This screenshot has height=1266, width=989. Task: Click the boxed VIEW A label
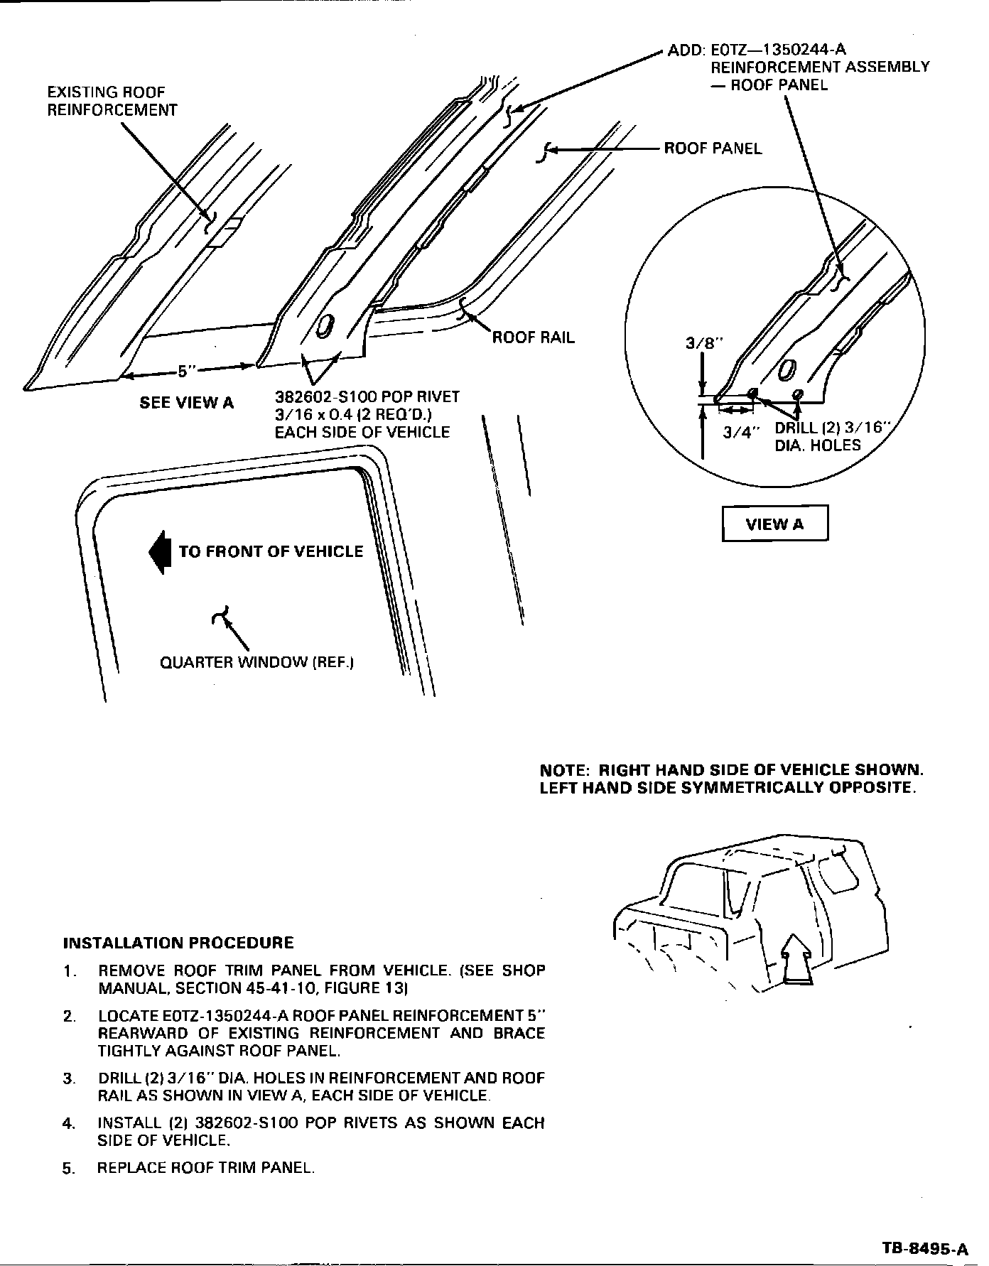pyautogui.click(x=774, y=524)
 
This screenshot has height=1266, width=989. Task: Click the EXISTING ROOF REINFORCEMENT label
pyautogui.click(x=112, y=101)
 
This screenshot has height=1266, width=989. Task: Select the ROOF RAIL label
pyautogui.click(x=534, y=337)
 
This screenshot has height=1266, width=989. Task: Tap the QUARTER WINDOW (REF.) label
pyautogui.click(x=256, y=662)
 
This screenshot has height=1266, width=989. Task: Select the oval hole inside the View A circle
pyautogui.click(x=787, y=370)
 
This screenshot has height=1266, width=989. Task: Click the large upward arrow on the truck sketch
pyautogui.click(x=798, y=958)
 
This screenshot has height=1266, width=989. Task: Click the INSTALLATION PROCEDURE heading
pyautogui.click(x=178, y=943)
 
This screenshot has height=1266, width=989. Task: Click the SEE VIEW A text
pyautogui.click(x=186, y=403)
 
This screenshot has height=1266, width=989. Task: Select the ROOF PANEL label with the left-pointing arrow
pyautogui.click(x=713, y=148)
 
